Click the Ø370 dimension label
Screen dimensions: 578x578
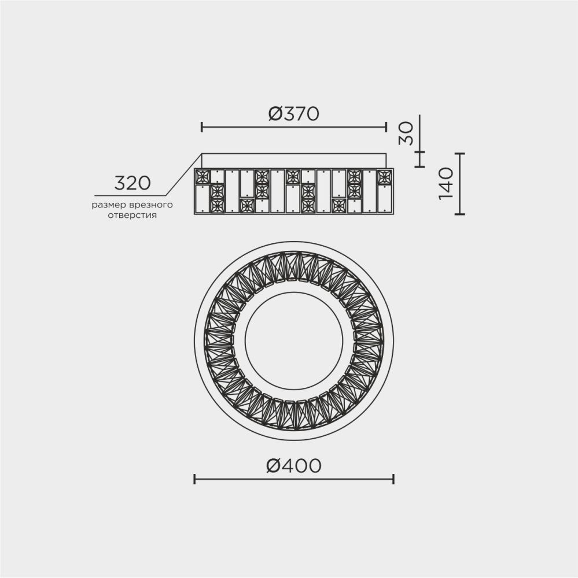pos(293,114)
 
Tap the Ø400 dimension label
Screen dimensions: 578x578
pos(293,465)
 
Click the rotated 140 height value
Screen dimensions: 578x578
pos(446,184)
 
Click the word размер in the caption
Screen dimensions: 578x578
pos(107,205)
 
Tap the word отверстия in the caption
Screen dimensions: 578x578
pos(132,215)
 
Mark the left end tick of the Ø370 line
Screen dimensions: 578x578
pos(201,127)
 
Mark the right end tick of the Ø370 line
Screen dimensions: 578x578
pos(386,127)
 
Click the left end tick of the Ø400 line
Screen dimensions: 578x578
pos(194,479)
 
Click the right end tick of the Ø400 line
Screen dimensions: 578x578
pos(393,479)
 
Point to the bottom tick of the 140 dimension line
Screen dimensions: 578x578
pos(459,214)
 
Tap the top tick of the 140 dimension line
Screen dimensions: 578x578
pos(459,153)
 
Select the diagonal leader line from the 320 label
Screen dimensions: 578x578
pos(183,174)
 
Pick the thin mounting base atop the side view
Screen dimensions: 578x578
pos(294,161)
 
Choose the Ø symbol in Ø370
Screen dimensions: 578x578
pos(275,114)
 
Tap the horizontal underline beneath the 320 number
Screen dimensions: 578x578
pos(130,195)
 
